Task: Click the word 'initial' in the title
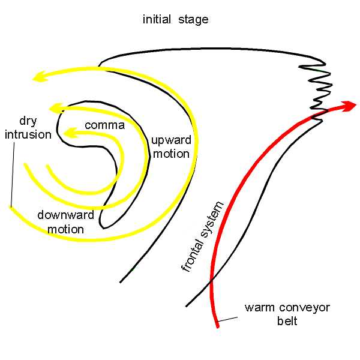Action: [x=157, y=20]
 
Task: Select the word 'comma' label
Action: [x=104, y=125]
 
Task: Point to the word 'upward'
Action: [x=170, y=140]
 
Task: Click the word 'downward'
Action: [x=61, y=215]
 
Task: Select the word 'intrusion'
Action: [x=28, y=134]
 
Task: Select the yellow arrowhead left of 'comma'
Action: [x=70, y=133]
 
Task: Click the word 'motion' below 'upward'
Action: [x=170, y=154]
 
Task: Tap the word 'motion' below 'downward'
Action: [x=61, y=229]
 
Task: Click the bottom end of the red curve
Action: [x=217, y=326]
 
